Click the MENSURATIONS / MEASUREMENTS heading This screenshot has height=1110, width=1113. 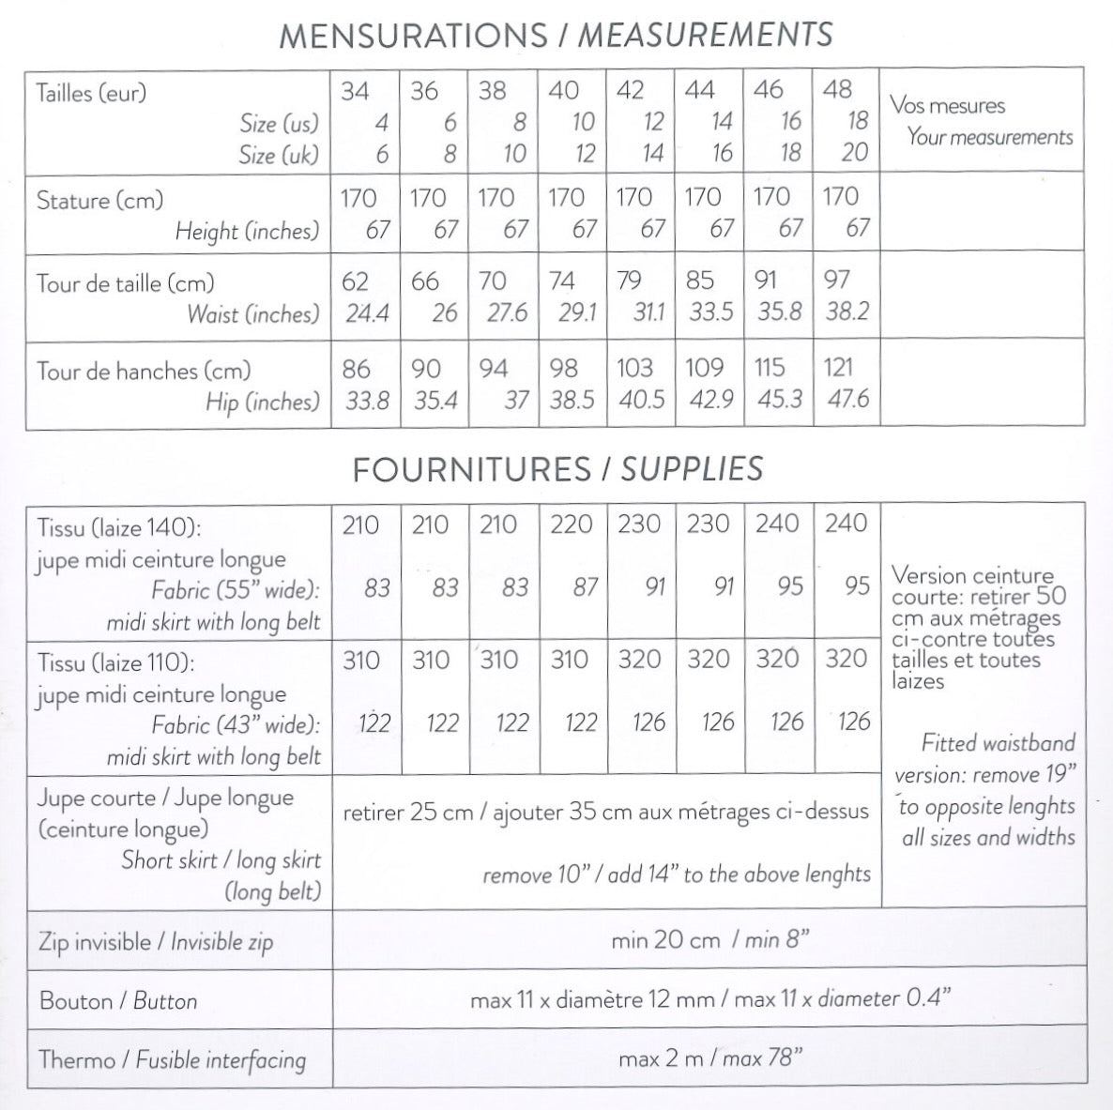tap(556, 36)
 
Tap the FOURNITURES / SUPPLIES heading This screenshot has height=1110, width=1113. tap(557, 469)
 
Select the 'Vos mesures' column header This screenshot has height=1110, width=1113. tap(947, 105)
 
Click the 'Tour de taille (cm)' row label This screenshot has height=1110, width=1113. tap(125, 282)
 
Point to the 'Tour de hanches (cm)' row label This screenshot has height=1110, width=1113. tap(143, 371)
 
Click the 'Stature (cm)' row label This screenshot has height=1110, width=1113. tap(99, 200)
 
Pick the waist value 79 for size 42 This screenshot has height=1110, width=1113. tap(629, 281)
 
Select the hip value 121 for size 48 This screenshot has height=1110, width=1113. tap(838, 368)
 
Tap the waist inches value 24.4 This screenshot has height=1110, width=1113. tap(367, 313)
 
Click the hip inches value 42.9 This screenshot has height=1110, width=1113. tap(710, 401)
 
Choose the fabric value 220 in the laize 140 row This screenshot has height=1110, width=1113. tap(571, 525)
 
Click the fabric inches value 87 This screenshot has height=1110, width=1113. tap(585, 587)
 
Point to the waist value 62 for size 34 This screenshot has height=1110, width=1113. tap(355, 281)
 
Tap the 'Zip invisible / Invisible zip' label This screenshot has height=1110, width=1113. tap(156, 941)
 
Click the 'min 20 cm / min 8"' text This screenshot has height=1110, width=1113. tap(709, 939)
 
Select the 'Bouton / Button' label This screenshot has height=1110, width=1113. tap(118, 1001)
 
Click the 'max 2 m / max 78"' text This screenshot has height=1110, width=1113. tap(710, 1059)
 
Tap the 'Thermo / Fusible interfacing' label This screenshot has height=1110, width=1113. tap(173, 1060)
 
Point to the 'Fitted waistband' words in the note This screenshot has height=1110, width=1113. tap(998, 744)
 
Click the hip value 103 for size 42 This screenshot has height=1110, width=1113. tap(634, 369)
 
